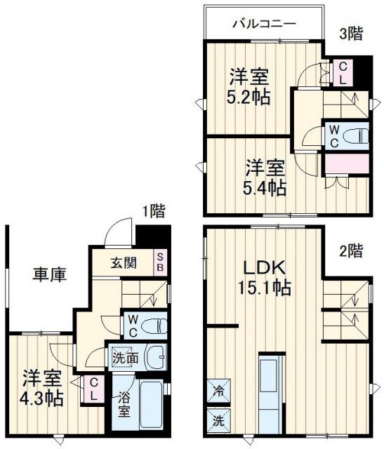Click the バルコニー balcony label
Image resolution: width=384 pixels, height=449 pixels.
pos(264,24)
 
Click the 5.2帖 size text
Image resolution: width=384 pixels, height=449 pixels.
pos(248,97)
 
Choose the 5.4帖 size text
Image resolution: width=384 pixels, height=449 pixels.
pos(264,187)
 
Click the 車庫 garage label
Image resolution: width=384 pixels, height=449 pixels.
pos(49,275)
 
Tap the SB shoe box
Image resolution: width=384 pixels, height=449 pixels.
pos(161,263)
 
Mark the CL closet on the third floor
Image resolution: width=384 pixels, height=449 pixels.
pos(342,72)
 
